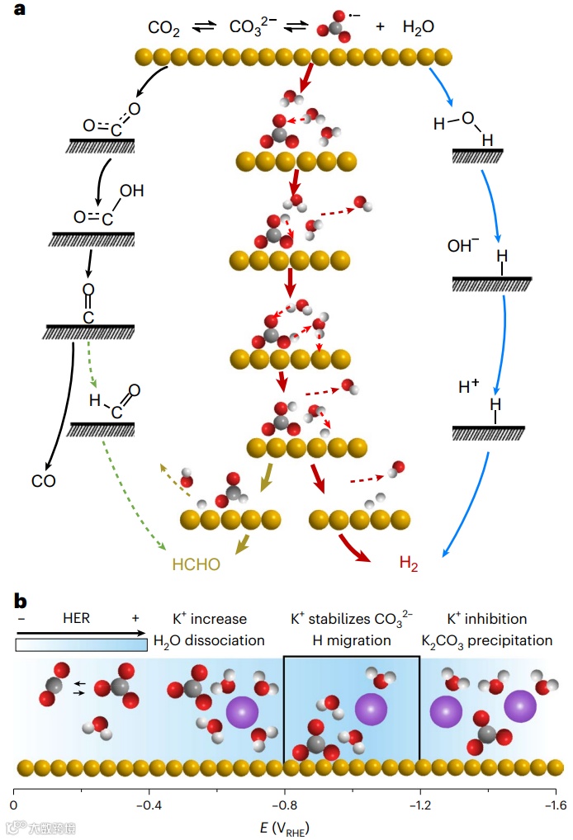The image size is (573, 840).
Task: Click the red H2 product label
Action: point(409,564)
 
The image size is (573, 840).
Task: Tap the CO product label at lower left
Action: point(44,481)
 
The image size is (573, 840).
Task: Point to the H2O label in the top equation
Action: point(419,27)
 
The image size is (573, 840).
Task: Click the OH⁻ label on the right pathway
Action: point(462,246)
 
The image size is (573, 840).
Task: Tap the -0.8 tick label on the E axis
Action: point(284,805)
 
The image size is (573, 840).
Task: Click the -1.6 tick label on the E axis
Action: point(554,805)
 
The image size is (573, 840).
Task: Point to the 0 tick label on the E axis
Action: point(14,805)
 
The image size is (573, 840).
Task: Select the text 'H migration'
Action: point(352,640)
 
